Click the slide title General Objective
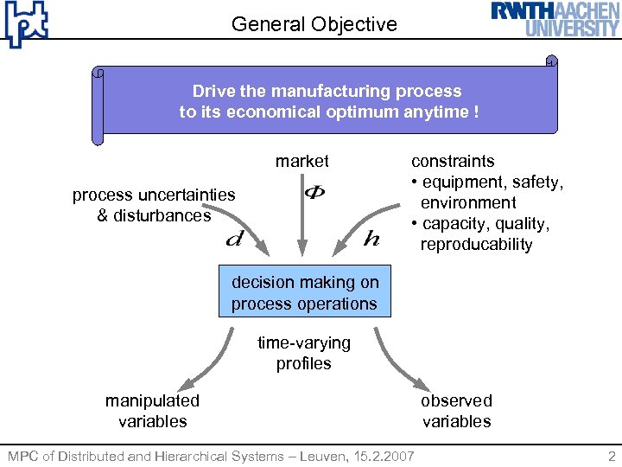pos(314,24)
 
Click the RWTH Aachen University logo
pos(555,19)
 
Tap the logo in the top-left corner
pos(25,23)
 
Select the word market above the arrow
pos(302,161)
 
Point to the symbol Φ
pos(314,192)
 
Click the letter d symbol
pos(233,238)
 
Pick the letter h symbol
pos(371,239)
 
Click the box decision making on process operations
pos(304,293)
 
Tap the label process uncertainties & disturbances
pos(154,205)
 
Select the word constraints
pos(453,161)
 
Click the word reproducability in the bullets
pos(476,245)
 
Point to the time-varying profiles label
pos(304,353)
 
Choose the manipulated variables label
pos(152,411)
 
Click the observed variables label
pos(456,411)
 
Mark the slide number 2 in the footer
pos(612,456)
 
